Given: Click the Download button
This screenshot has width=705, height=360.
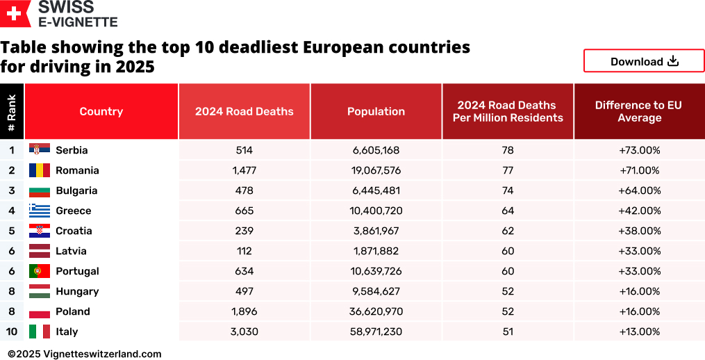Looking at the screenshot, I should tap(644, 61).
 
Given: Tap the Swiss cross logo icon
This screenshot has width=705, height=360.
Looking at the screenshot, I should tap(15, 13).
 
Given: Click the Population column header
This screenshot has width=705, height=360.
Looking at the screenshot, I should tap(376, 111).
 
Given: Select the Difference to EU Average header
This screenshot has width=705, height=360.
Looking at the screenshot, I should tap(639, 111).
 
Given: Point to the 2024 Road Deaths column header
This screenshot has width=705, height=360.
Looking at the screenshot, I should tap(244, 111).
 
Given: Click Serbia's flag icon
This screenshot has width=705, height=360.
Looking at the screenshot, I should tap(39, 149).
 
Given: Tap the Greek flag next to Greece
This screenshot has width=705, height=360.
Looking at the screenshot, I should tap(39, 211).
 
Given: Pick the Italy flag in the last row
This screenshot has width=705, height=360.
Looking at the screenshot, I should tap(39, 332).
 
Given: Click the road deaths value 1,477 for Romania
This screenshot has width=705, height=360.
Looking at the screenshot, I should tap(244, 170).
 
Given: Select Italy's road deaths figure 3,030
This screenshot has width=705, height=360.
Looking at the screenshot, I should tap(244, 332).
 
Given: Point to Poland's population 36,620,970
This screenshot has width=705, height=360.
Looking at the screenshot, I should tap(376, 311).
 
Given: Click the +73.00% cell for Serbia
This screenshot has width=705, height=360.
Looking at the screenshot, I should tap(639, 150).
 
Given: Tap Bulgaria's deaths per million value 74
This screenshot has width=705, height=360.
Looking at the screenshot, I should tap(508, 190).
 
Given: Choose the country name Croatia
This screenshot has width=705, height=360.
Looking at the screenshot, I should tap(74, 231).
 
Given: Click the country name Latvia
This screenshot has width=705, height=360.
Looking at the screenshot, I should tap(71, 251).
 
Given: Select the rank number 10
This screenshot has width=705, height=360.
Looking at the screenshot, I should tap(12, 332).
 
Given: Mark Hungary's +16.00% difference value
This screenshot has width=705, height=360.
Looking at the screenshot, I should tap(639, 291).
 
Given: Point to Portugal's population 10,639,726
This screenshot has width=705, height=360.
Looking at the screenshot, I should tap(376, 271).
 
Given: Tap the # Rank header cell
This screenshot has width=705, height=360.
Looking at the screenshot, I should tap(12, 111).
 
